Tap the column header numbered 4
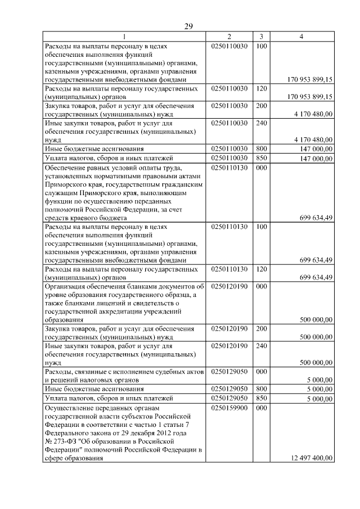[x=302, y=37]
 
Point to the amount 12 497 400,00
[x=309, y=458]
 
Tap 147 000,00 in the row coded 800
[x=316, y=149]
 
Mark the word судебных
[x=160, y=372]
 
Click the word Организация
[x=66, y=286]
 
